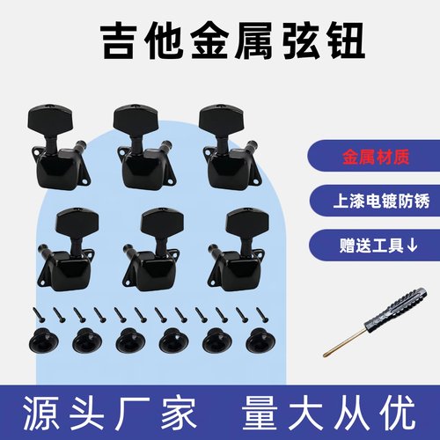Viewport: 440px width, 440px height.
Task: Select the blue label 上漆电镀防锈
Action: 370,201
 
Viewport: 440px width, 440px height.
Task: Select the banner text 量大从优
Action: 331,410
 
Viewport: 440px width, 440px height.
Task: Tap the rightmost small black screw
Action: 260,312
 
